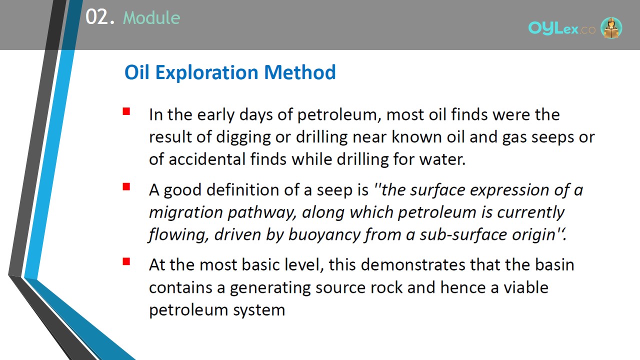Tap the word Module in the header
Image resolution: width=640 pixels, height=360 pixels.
pyautogui.click(x=151, y=17)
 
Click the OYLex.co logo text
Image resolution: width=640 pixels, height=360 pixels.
pyautogui.click(x=561, y=28)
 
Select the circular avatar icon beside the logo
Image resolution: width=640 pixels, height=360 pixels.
pyautogui.click(x=611, y=28)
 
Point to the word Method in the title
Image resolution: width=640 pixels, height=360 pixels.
pyautogui.click(x=299, y=72)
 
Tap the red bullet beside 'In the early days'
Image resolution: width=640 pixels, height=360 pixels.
pyautogui.click(x=126, y=111)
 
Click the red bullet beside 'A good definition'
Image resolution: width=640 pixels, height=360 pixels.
pyautogui.click(x=126, y=186)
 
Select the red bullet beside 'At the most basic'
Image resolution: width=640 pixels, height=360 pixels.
pyautogui.click(x=126, y=261)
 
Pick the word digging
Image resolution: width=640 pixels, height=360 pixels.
pyautogui.click(x=243, y=137)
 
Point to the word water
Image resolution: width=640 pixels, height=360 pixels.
pyautogui.click(x=442, y=159)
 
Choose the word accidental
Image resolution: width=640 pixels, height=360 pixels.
pyautogui.click(x=207, y=159)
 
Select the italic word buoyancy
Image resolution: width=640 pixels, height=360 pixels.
pyautogui.click(x=324, y=235)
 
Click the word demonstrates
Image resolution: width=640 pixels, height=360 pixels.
pyautogui.click(x=413, y=264)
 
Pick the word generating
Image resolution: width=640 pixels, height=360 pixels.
pyautogui.click(x=270, y=287)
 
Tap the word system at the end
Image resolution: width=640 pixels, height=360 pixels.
pyautogui.click(x=259, y=310)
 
